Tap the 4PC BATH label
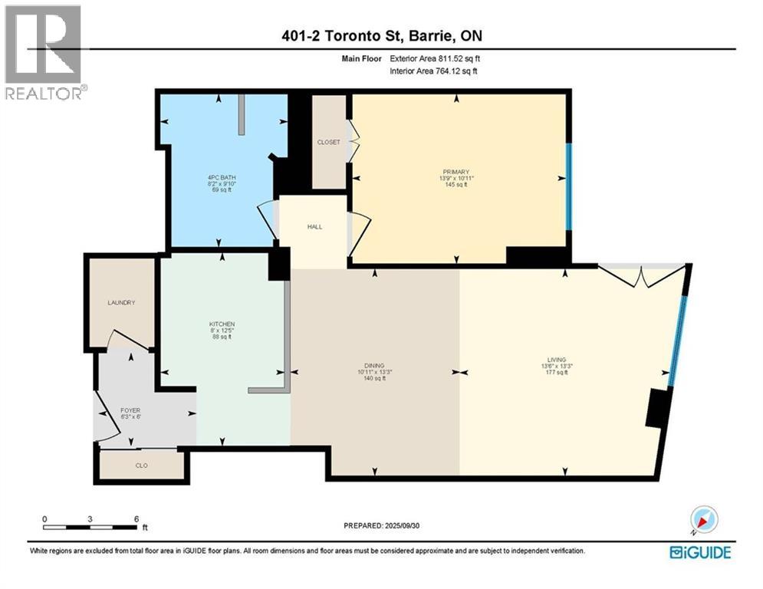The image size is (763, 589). (222, 178)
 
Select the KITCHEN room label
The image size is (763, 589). (222, 324)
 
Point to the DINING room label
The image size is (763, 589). (374, 366)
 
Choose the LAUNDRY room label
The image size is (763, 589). (121, 303)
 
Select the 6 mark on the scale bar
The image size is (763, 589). (136, 519)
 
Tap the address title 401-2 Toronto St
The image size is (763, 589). (380, 35)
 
